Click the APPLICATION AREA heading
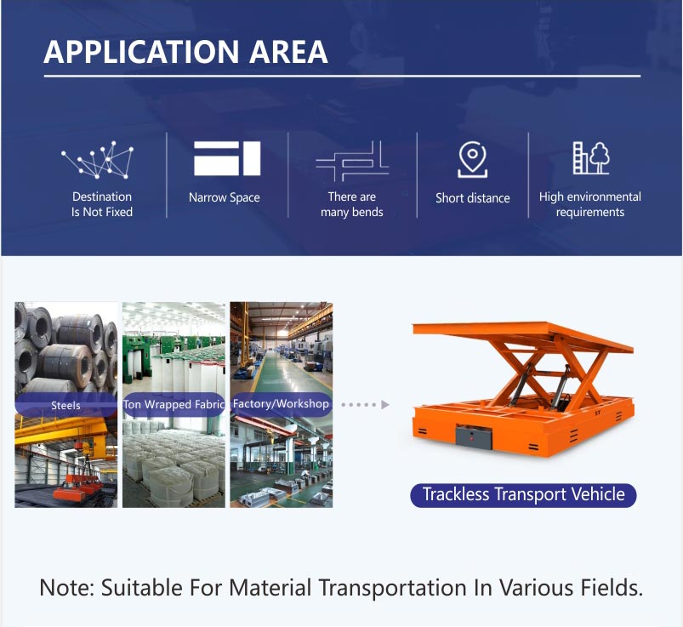185,52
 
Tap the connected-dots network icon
98,160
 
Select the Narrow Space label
225,198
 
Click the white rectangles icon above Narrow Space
227,158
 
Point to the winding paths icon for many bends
352,161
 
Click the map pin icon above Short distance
473,159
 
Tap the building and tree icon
591,157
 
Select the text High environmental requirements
590,204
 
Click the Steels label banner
65,405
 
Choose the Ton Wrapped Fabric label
174,404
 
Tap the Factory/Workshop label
281,404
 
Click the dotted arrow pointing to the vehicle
365,405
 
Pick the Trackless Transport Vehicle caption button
524,495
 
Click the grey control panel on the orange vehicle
474,436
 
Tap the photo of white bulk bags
174,463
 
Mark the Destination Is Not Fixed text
102,204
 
